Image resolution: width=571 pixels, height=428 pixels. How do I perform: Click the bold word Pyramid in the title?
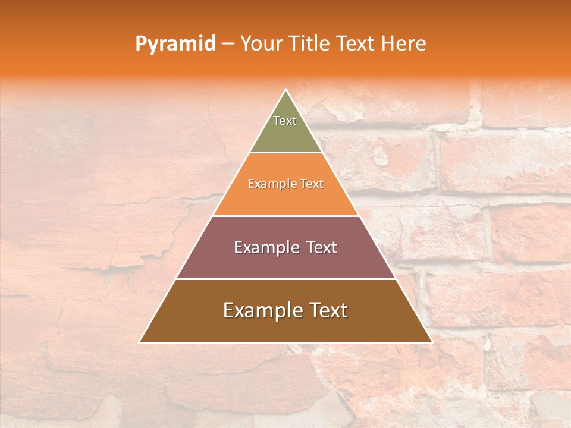pyautogui.click(x=175, y=44)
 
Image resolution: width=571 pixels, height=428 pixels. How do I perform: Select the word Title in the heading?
pyautogui.click(x=312, y=43)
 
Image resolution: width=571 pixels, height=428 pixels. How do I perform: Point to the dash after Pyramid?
pyautogui.click(x=227, y=44)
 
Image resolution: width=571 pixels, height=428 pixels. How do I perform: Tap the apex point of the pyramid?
pyautogui.click(x=286, y=90)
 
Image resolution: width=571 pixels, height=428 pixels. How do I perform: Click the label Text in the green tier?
pyautogui.click(x=285, y=121)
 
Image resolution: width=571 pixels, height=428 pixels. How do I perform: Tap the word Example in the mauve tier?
pyautogui.click(x=265, y=247)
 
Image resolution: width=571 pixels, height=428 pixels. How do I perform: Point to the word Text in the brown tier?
pyautogui.click(x=327, y=310)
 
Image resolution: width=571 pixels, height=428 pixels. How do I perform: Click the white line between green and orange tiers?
pyautogui.click(x=286, y=153)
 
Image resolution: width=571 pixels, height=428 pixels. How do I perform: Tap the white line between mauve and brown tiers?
pyautogui.click(x=286, y=279)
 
